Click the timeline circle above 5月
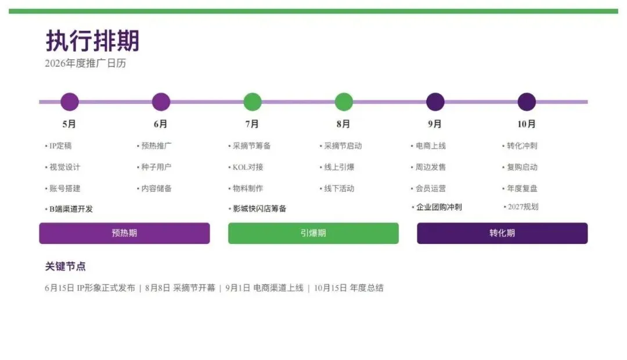pyautogui.click(x=70, y=102)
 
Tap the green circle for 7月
pyautogui.click(x=253, y=102)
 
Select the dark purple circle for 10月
pyautogui.click(x=527, y=102)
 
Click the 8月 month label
pyautogui.click(x=343, y=124)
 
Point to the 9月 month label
pyautogui.click(x=435, y=124)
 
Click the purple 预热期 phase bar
pyautogui.click(x=124, y=233)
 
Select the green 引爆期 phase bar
pyautogui.click(x=313, y=233)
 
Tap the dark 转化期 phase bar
pyautogui.click(x=502, y=233)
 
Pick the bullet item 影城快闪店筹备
pyautogui.click(x=258, y=208)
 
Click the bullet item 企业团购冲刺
pyautogui.click(x=437, y=207)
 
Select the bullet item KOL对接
pyautogui.click(x=246, y=167)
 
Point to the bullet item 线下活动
pyautogui.click(x=337, y=188)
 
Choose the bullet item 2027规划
pyautogui.click(x=521, y=206)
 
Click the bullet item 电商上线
pyautogui.click(x=428, y=146)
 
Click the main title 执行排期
pyautogui.click(x=92, y=41)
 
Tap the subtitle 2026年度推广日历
pyautogui.click(x=85, y=63)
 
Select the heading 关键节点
pyautogui.click(x=65, y=267)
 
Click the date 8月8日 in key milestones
pyautogui.click(x=157, y=287)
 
